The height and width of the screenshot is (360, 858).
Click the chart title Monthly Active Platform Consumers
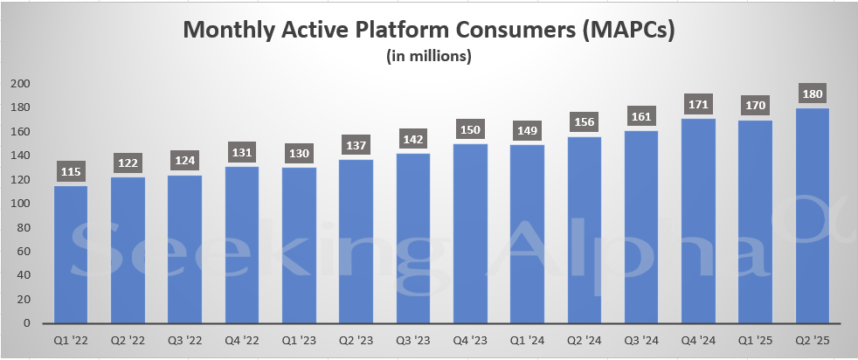429,30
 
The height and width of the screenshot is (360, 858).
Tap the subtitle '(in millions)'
429,58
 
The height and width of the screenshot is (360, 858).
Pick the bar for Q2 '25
812,216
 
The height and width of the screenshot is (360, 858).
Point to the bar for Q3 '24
641,227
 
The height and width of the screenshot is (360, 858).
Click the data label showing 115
72,170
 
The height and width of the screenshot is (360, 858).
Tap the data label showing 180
812,93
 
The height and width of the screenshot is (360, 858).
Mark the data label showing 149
527,130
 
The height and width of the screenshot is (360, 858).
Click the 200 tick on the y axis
21,84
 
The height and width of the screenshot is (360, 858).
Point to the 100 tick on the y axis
21,204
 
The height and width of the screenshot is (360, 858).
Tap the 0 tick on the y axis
28,323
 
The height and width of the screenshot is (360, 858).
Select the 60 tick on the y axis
24,252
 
